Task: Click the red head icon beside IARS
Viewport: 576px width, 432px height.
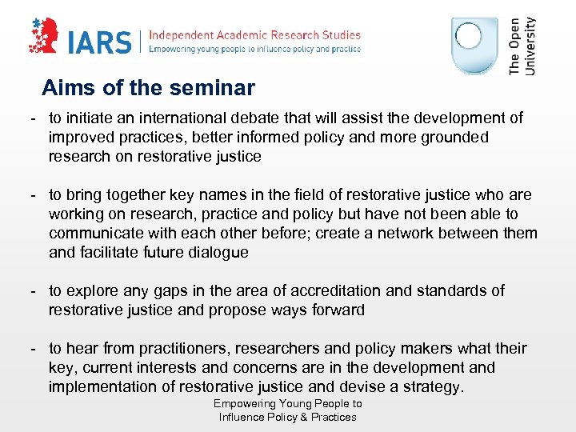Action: point(48,37)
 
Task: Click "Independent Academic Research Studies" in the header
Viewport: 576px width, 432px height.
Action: point(255,35)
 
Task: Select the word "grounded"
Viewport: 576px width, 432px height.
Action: point(448,138)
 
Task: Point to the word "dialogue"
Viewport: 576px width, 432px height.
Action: point(218,253)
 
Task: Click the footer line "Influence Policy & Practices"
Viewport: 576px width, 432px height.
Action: point(287,417)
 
